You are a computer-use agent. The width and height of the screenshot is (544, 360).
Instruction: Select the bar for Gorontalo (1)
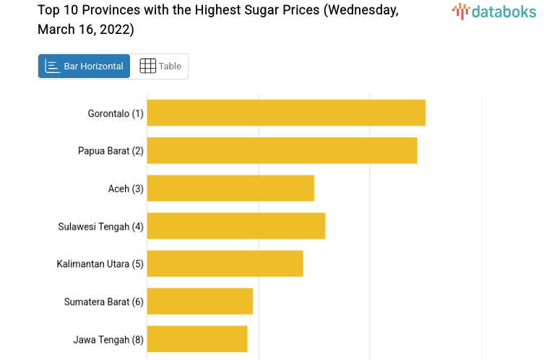(x=286, y=113)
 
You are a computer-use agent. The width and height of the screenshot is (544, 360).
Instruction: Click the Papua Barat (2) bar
(x=282, y=150)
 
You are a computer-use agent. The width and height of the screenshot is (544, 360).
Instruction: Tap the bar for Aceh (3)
(x=230, y=188)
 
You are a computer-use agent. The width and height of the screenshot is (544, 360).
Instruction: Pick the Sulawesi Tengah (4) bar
(x=236, y=226)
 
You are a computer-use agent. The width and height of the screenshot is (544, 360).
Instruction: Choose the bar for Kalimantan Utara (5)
(x=225, y=263)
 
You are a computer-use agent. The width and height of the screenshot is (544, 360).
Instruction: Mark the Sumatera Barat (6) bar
(x=200, y=301)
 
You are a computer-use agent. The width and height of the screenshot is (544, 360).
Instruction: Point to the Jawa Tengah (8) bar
(x=197, y=338)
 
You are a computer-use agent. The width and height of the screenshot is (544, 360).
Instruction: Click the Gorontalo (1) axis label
(x=116, y=113)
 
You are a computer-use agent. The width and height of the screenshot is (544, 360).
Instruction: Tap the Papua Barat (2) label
(x=111, y=151)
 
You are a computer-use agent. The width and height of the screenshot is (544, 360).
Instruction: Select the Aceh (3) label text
(x=126, y=189)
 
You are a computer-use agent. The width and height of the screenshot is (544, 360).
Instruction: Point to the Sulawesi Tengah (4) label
(x=100, y=226)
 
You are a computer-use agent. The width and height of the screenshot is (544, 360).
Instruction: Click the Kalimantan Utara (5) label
(x=100, y=264)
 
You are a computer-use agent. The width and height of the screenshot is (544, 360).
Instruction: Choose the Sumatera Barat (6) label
(x=103, y=301)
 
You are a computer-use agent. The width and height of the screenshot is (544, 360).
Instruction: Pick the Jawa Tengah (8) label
(x=108, y=339)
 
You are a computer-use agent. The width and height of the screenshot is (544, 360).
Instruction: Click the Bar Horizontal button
(x=85, y=67)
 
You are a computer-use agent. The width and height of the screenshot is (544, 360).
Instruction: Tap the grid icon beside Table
(x=147, y=67)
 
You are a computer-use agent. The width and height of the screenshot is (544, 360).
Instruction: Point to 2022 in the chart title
(x=114, y=30)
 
